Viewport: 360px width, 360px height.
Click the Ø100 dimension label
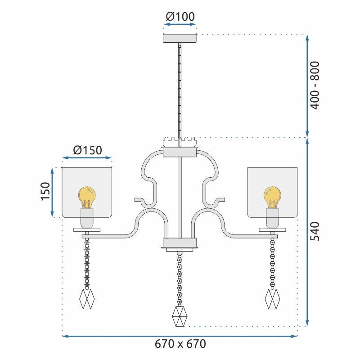click(180, 17)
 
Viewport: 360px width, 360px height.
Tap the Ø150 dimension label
click(87, 149)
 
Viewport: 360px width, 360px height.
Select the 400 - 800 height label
click(314, 85)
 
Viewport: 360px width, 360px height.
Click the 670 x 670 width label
click(180, 344)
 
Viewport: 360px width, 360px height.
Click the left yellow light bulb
click(87, 196)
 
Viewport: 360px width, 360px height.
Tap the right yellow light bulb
click(272, 196)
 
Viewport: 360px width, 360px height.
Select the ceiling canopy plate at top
click(180, 38)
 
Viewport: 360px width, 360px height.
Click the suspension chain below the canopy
click(180, 90)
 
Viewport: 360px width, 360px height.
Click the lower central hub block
click(180, 244)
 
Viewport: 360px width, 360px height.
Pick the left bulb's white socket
click(87, 218)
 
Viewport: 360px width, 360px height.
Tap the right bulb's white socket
click(272, 218)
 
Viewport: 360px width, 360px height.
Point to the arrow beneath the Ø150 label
click(87, 158)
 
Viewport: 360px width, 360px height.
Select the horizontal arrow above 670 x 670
click(180, 336)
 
